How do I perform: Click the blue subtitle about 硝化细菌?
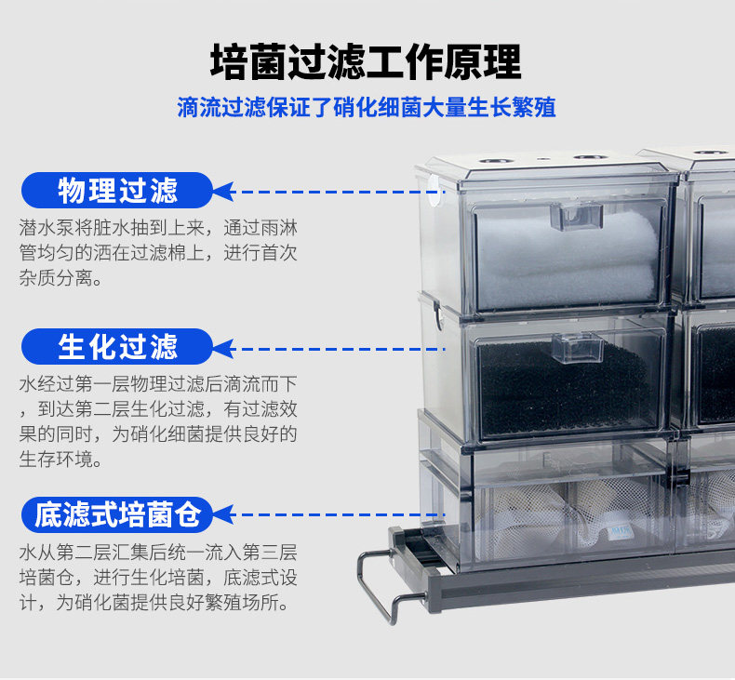coord(367,107)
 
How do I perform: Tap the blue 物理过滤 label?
coord(117,192)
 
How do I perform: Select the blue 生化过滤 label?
coord(117,347)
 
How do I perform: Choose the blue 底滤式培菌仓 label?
coord(117,513)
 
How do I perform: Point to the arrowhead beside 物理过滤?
coord(223,192)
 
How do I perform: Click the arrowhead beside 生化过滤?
coord(223,348)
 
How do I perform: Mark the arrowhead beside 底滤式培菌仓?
coord(223,513)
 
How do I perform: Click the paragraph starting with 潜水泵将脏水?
coord(158,252)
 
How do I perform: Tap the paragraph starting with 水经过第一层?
coord(158,421)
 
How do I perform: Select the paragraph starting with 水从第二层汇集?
coord(158,578)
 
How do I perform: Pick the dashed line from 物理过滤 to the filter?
coord(326,192)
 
